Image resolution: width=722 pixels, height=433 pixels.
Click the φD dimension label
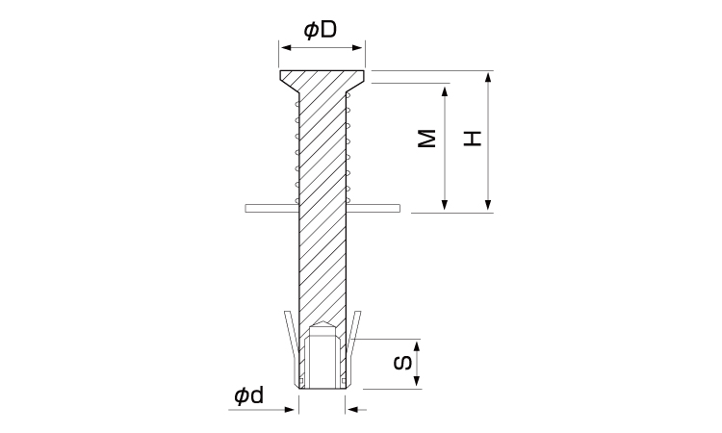tap(321, 30)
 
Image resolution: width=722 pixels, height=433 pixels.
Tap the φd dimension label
tap(249, 395)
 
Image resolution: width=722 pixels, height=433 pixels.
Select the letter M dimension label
tap(426, 139)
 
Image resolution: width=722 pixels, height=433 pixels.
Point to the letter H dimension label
tap(472, 139)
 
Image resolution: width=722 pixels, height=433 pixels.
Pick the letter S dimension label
tap(403, 363)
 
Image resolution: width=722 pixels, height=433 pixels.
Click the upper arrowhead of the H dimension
tap(488, 77)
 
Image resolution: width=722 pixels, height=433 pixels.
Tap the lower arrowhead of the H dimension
tap(488, 207)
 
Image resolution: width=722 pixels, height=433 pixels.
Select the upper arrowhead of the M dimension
tap(445, 89)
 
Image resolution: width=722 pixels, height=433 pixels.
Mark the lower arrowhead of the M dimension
tap(445, 207)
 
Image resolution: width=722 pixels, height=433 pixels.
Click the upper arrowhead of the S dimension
tap(417, 346)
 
